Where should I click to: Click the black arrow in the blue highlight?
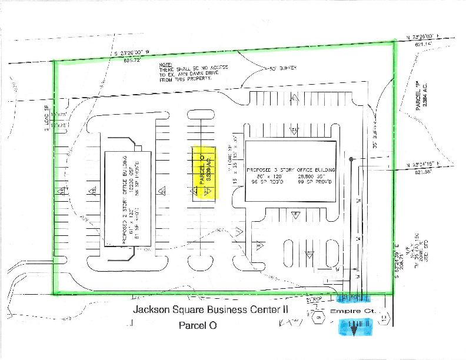tap(354, 329)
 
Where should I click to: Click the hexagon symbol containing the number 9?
tap(319, 318)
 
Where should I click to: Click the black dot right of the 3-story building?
tap(351, 159)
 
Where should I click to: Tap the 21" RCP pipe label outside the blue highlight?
tap(317, 299)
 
